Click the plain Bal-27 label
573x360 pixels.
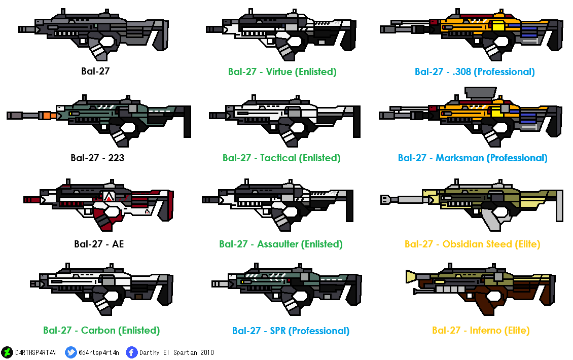(x=95, y=71)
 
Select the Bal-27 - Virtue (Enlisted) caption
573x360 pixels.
(x=282, y=71)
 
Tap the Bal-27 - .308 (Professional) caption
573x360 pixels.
(x=475, y=71)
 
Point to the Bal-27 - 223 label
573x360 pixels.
(x=97, y=158)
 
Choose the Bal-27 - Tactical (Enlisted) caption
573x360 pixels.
(x=281, y=158)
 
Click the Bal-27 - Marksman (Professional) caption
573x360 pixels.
(x=473, y=158)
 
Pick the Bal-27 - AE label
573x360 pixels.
(x=99, y=244)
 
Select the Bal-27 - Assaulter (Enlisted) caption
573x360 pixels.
(x=281, y=244)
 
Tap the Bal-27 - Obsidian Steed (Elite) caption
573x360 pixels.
(x=473, y=244)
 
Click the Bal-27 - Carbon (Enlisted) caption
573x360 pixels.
(x=101, y=330)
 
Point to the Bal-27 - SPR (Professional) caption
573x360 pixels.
(x=291, y=331)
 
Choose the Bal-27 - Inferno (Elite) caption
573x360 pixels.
(x=481, y=330)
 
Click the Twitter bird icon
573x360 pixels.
(x=71, y=352)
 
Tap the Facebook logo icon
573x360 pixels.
(x=132, y=352)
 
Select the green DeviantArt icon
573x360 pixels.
(x=7, y=352)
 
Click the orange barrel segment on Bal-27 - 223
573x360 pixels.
(x=50, y=116)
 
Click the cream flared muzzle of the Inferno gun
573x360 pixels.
(x=413, y=276)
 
